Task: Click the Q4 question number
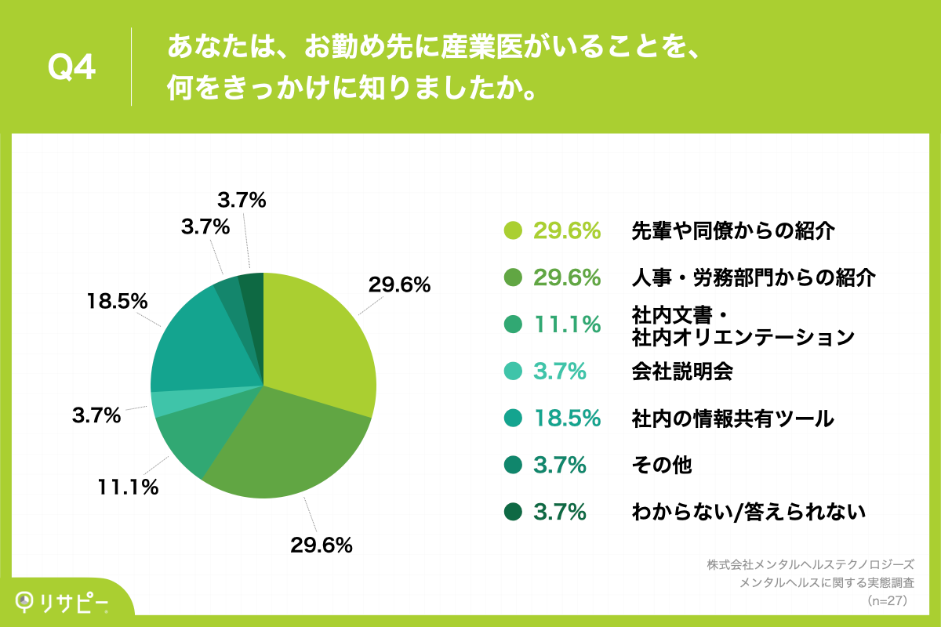coord(71,69)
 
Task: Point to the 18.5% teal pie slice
coord(196,345)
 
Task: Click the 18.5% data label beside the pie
coord(118,301)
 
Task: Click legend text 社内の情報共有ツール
coord(732,419)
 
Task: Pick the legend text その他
coord(662,466)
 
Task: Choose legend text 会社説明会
coord(681,371)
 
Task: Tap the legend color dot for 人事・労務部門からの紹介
coord(513,277)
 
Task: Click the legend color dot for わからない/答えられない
coord(513,513)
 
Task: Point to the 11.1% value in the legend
coord(566,324)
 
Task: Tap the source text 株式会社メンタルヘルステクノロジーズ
coord(810,564)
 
